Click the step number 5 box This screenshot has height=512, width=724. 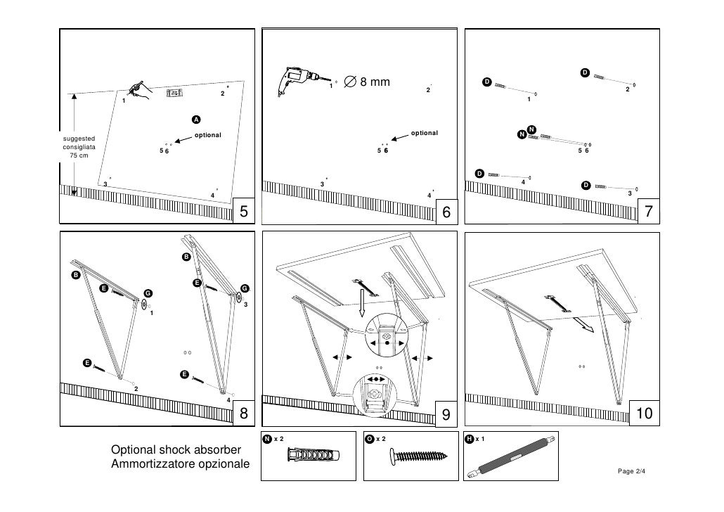tap(243, 211)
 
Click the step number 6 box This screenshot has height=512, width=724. tap(446, 211)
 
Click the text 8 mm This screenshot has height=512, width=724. tap(375, 83)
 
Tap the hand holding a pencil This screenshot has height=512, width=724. tap(140, 90)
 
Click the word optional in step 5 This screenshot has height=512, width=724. tap(208, 135)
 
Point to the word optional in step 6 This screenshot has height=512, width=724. tap(424, 133)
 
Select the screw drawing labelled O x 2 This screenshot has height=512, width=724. tap(419, 458)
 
